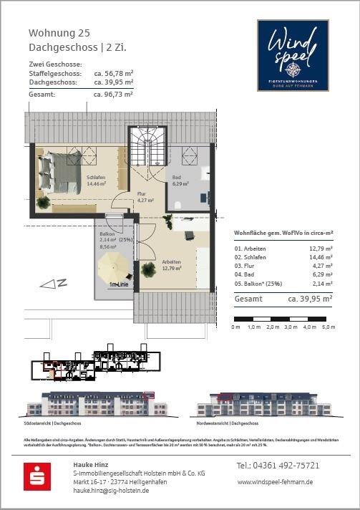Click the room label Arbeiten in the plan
tap(172, 261)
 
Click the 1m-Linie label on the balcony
tap(120, 284)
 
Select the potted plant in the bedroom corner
tap(44, 203)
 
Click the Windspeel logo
tap(293, 55)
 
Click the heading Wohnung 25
tap(59, 33)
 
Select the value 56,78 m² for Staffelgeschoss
tap(114, 74)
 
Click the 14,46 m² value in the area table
tap(318, 256)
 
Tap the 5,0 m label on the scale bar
tap(328, 327)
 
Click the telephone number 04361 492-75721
tap(278, 466)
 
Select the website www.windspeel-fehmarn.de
tap(275, 483)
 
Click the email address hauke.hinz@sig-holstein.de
tap(111, 491)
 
